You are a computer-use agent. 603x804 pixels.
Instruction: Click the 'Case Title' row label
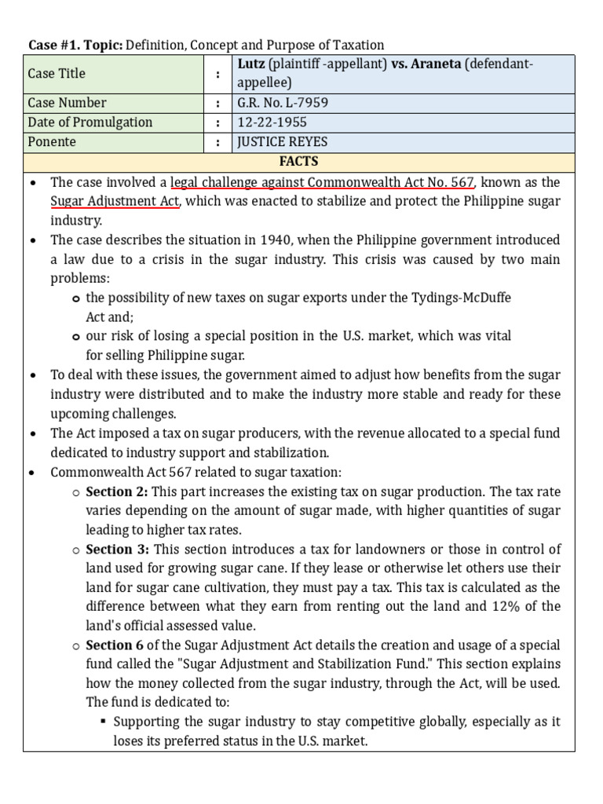click(57, 73)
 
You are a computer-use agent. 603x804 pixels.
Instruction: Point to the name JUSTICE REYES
click(282, 142)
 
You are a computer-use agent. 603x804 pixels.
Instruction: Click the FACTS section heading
click(298, 162)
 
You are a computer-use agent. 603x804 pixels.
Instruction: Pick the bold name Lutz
click(251, 64)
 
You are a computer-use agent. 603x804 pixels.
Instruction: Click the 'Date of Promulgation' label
click(90, 122)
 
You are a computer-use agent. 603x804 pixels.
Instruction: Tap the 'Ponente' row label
click(52, 142)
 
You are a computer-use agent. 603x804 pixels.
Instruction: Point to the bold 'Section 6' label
click(113, 645)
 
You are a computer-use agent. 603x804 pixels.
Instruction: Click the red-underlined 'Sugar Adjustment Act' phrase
click(115, 201)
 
